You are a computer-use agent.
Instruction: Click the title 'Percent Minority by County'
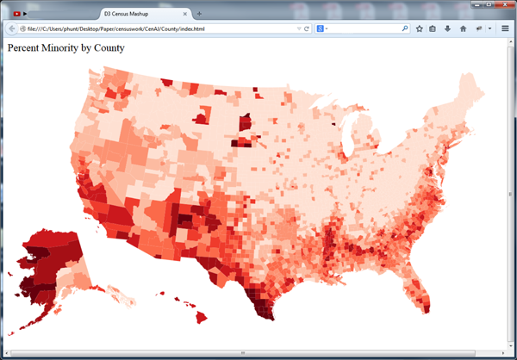(x=66, y=48)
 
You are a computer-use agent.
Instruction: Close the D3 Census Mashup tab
(x=187, y=15)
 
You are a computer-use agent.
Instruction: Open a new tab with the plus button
(x=200, y=15)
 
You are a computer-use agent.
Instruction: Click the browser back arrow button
(x=12, y=29)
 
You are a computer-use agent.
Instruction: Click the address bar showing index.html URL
(x=155, y=29)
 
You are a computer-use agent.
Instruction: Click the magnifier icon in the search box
(x=405, y=29)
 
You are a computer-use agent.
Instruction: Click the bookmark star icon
(x=420, y=29)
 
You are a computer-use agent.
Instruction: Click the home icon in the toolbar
(x=463, y=29)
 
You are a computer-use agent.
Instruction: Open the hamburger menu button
(x=505, y=29)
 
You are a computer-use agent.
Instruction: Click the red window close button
(x=501, y=4)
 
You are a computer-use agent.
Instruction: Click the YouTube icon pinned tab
(x=17, y=15)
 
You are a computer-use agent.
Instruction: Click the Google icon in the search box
(x=320, y=29)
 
